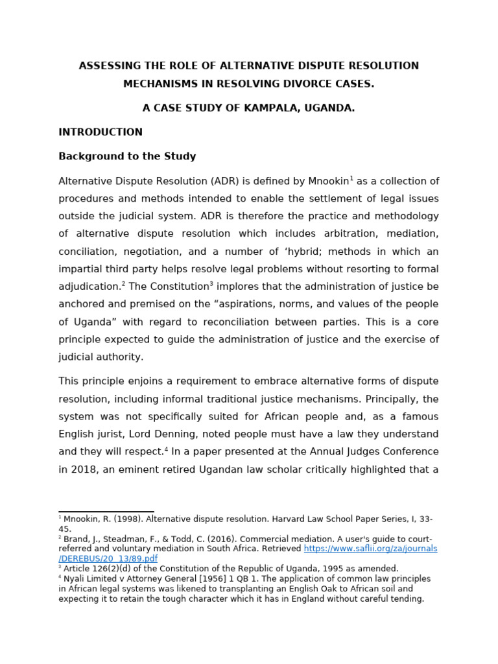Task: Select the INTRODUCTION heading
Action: pyautogui.click(x=101, y=132)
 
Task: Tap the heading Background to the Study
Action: pyautogui.click(x=127, y=156)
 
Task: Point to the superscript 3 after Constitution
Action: pyautogui.click(x=211, y=283)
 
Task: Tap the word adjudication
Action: pyautogui.click(x=89, y=287)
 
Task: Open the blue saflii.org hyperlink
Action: pyautogui.click(x=370, y=549)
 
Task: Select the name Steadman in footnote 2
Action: pyautogui.click(x=112, y=539)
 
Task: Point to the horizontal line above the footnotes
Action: pyautogui.click(x=106, y=512)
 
